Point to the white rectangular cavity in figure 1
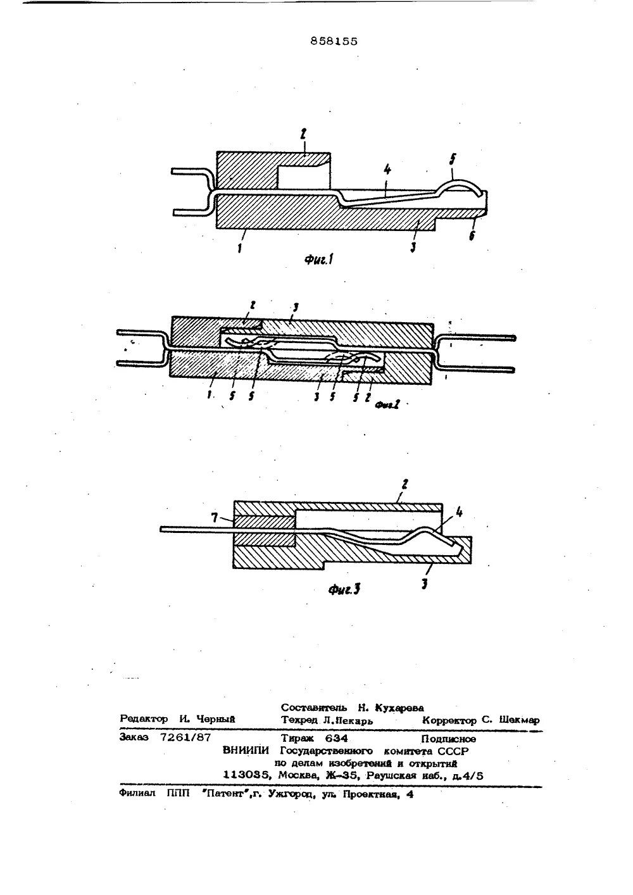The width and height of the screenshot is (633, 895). (x=302, y=174)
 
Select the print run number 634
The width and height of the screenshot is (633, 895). (x=336, y=738)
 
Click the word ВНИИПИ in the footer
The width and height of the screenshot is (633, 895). (x=246, y=751)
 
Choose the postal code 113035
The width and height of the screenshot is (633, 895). (x=248, y=774)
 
